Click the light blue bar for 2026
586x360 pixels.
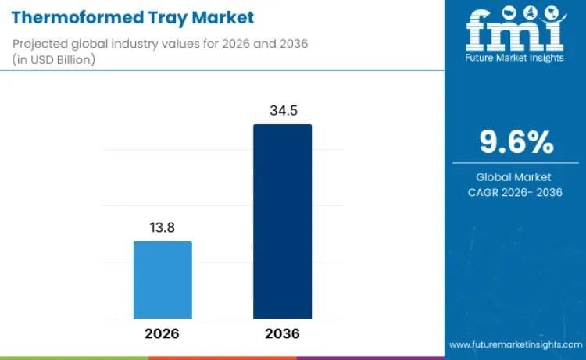[x=163, y=280]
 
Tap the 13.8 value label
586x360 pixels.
[x=163, y=227]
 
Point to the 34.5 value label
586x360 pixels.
[x=282, y=110]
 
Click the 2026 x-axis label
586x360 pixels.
[x=163, y=333]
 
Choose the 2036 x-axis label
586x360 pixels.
[x=282, y=333]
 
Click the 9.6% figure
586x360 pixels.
[x=515, y=143]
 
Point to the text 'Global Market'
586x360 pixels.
[x=515, y=177]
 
